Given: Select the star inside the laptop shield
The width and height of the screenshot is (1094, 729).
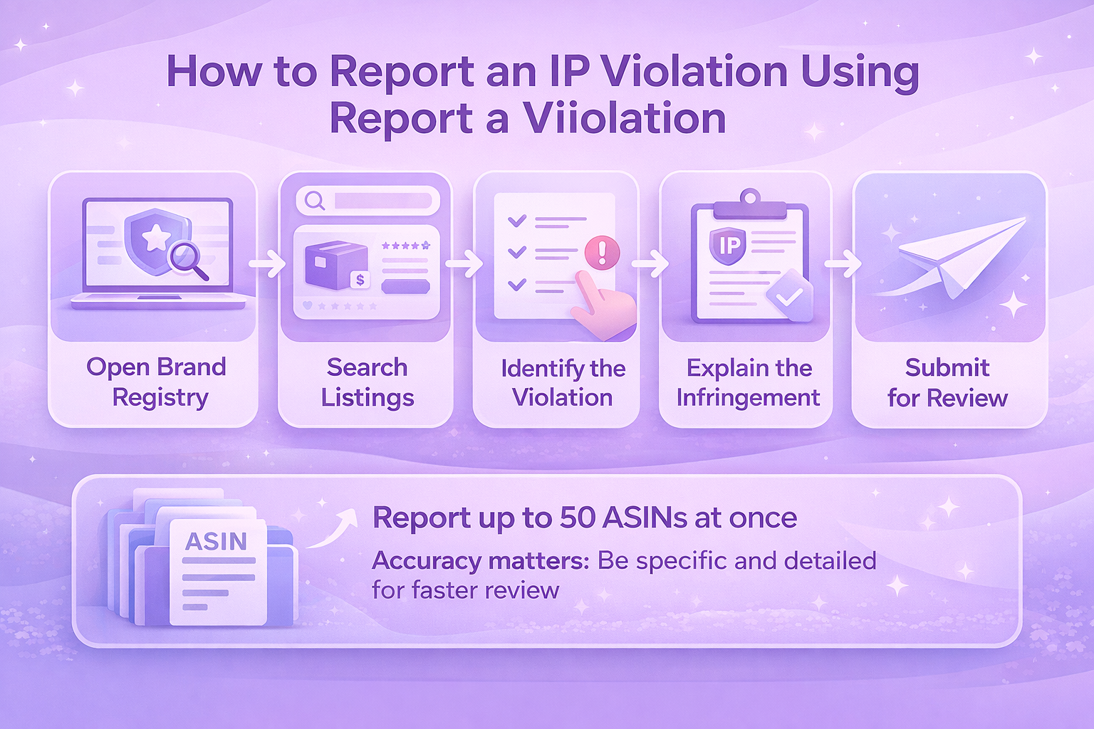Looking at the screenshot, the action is coord(156,238).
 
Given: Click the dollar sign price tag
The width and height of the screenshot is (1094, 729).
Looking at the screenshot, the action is coord(360,280).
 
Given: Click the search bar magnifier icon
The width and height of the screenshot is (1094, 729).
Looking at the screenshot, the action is coord(315,200).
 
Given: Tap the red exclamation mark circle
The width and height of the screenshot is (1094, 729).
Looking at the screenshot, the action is coord(602,253).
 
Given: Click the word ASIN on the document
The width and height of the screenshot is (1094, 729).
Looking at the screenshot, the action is coord(217,541).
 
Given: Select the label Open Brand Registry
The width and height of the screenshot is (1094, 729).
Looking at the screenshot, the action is coord(157,382).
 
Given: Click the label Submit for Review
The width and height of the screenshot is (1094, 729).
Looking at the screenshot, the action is coord(947,383).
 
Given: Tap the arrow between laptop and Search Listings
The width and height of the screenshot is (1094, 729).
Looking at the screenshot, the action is coord(268,263).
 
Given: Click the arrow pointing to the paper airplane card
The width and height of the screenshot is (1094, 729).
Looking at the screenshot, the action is coord(843,263).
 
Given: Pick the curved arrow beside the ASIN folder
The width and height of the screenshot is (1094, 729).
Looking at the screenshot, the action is coord(333,529).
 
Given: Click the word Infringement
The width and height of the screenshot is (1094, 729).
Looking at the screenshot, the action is coord(748,397).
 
